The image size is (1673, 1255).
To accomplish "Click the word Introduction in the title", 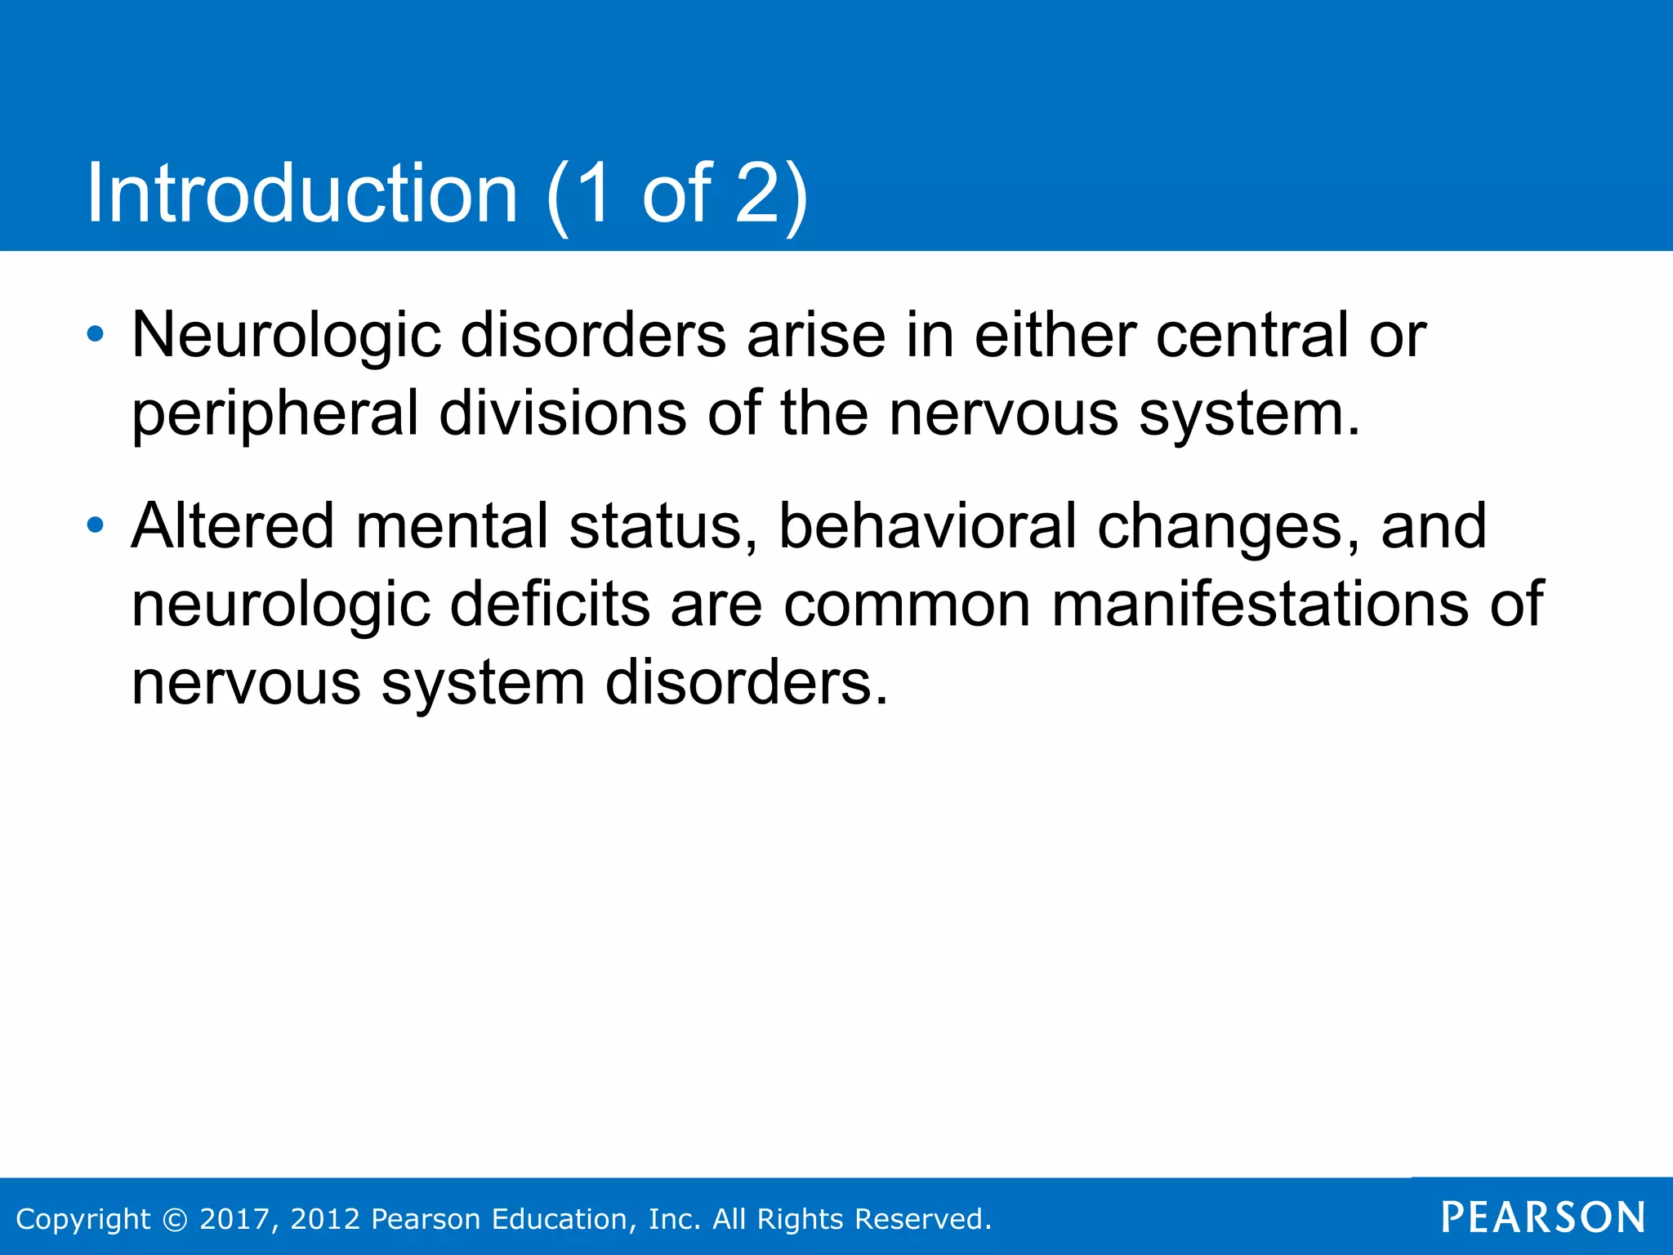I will tap(302, 194).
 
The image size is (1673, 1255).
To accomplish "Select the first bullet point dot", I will tap(96, 333).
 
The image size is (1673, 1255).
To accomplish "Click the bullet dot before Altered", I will tap(96, 525).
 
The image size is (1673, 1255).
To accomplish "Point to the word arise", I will tap(816, 335).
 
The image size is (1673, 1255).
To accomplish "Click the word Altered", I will tap(233, 525).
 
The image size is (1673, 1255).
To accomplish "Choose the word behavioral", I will tap(927, 525).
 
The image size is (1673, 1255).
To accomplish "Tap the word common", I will tap(907, 605).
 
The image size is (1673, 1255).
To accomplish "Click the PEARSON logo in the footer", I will tap(1543, 1217).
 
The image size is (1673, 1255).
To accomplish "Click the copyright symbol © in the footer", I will tap(175, 1219).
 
